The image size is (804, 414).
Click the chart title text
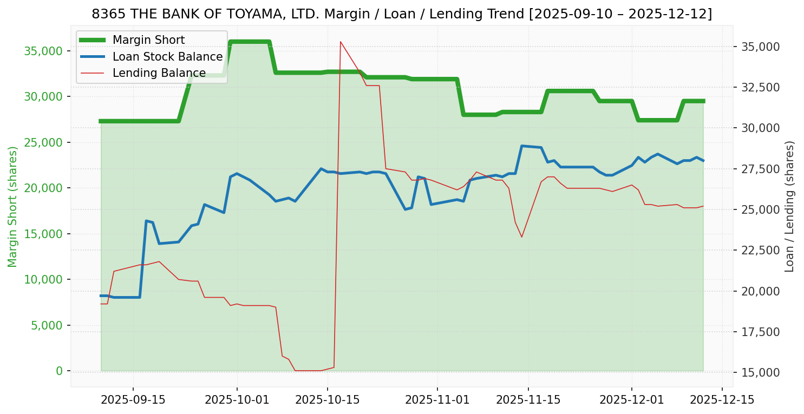402,14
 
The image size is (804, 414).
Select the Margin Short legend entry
148,40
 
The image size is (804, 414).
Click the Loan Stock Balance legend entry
167,57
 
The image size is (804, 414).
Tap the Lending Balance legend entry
159,73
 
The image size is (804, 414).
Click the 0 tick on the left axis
59,371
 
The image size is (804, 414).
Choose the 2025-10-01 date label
237,400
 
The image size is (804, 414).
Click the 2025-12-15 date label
722,400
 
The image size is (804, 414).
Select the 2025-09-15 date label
133,400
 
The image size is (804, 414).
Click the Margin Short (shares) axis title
13,207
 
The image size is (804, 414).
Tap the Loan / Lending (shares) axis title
789,207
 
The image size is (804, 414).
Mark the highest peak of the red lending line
340,42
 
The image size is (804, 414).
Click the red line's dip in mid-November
521,236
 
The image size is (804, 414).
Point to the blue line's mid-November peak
521,146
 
